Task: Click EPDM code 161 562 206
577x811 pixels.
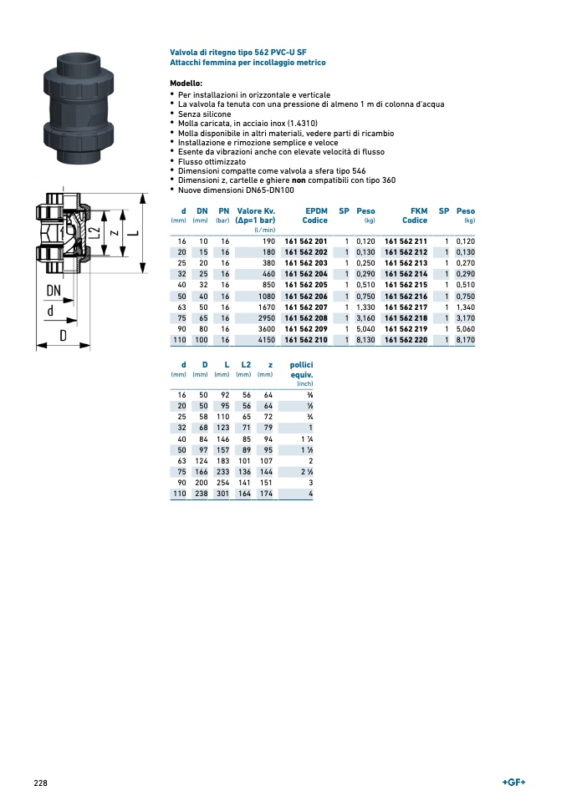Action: point(306,297)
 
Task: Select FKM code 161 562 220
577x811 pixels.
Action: point(406,340)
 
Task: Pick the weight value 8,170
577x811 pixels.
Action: point(465,340)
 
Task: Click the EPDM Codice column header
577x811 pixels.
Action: point(315,215)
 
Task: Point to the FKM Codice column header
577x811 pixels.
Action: point(415,215)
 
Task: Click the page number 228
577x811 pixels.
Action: point(40,783)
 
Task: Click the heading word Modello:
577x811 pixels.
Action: point(186,84)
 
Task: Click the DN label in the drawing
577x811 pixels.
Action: point(54,291)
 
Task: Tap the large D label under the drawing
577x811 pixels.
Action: point(63,336)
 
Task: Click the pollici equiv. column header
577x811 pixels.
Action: point(301,370)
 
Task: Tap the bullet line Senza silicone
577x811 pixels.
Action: point(204,114)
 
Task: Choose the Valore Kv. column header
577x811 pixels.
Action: point(256,215)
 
